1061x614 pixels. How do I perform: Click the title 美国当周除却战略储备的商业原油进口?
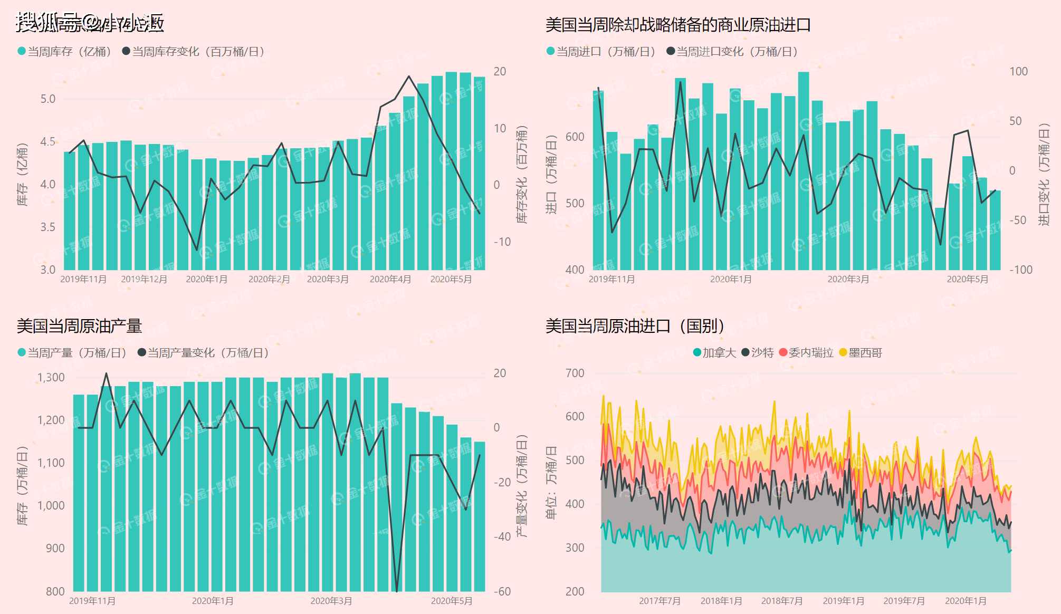coord(678,25)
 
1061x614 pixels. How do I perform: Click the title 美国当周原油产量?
coord(79,326)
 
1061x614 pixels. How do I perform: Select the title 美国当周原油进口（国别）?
coord(635,326)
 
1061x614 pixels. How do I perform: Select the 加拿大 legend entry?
coord(714,353)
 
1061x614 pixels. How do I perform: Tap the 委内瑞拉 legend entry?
coord(806,353)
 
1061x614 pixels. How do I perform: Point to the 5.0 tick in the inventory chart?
coord(48,99)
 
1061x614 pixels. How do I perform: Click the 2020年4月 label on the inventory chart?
coord(390,279)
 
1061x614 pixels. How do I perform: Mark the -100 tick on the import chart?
coord(1021,270)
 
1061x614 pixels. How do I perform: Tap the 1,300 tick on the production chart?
coord(51,378)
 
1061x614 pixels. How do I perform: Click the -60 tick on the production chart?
coord(502,592)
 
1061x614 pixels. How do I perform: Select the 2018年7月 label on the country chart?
coord(782,601)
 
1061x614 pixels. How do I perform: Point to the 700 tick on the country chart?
coord(575,373)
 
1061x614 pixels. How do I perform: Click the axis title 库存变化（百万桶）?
coord(522,174)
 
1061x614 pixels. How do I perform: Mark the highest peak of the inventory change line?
coord(409,76)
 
